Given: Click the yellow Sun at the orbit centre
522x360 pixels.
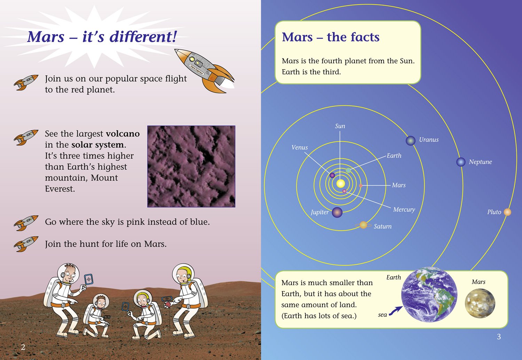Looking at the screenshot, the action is point(340,184).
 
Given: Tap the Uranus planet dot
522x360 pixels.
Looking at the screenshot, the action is point(410,141).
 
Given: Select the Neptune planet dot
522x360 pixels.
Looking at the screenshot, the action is point(461,162).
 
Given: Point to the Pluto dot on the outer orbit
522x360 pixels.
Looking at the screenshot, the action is point(507,212).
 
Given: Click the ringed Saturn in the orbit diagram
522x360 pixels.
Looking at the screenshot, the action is point(363,225).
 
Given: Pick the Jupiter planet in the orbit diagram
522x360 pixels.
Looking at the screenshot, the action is point(337,213).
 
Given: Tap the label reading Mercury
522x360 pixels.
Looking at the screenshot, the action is point(404,210).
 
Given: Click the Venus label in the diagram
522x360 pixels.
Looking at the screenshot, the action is point(300,147).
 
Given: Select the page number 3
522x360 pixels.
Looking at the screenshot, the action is point(499,337).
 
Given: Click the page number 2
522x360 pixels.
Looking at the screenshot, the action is point(23,347).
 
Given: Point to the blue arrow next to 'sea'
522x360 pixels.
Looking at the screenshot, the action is point(396,311).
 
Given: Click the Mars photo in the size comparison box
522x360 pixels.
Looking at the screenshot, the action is point(480,303).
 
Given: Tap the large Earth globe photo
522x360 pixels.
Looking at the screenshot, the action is point(429,295).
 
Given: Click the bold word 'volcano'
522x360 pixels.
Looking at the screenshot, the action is point(123,134).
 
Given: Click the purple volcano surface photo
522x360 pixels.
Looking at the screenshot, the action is point(191,166).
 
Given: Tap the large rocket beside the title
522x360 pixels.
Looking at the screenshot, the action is point(205,71).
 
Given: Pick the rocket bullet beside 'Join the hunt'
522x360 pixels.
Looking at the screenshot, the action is point(26,244).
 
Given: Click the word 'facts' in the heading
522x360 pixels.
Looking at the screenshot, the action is point(365,37).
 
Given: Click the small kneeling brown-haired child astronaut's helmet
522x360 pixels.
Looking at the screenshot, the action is point(101,302).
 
